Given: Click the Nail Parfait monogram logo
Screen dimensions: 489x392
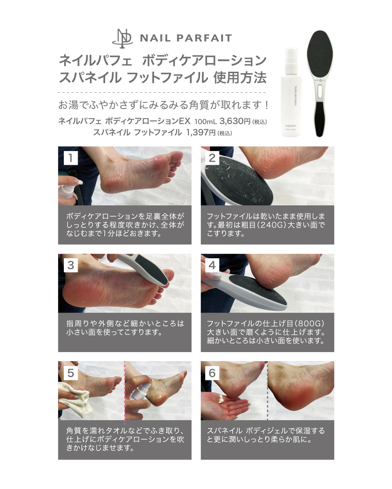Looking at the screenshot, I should click(122, 38).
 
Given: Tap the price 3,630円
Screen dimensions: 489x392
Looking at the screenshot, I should click(235, 121).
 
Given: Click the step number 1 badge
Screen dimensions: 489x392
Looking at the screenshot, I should click(71, 158).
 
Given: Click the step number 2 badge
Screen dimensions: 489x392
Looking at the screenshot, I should click(212, 158).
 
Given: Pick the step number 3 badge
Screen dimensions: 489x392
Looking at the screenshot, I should click(71, 265).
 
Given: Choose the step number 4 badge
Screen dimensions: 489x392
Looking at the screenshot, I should click(212, 265).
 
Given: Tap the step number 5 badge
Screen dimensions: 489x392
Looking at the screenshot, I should click(71, 373).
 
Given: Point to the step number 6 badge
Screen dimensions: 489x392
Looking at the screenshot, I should click(212, 373).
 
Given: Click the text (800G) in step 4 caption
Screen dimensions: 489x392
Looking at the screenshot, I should click(309, 323).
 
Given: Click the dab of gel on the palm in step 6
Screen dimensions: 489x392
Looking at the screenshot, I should click(221, 400).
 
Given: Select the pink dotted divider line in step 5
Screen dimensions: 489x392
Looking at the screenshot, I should click(124, 391).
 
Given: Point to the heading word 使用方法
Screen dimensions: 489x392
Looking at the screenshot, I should click(240, 78).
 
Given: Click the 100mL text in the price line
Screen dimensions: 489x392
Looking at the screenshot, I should click(205, 121).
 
